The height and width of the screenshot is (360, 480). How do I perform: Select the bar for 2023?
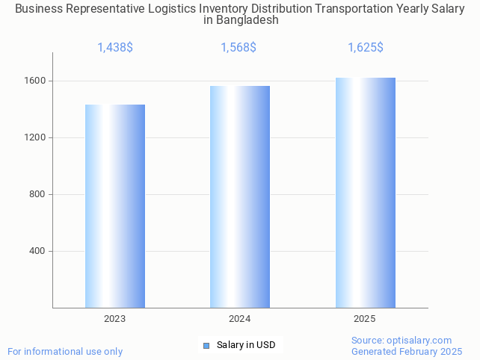(x=115, y=206)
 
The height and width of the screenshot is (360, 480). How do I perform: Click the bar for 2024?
(x=240, y=196)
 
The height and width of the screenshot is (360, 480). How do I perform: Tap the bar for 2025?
(x=365, y=193)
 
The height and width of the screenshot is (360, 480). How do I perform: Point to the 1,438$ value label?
(x=115, y=48)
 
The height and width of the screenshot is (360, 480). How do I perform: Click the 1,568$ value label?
(x=239, y=48)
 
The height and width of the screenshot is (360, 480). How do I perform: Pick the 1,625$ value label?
(x=365, y=48)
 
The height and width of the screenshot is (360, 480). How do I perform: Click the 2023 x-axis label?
(x=115, y=319)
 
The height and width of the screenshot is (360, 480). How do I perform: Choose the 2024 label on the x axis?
(x=240, y=319)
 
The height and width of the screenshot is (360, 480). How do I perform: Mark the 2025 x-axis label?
(x=365, y=319)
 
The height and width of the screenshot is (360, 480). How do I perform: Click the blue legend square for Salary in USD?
(x=206, y=345)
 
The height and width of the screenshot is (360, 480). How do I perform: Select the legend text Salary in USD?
(x=246, y=345)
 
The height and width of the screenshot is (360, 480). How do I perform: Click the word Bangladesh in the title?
(x=247, y=20)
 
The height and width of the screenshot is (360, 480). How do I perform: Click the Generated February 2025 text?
(x=407, y=351)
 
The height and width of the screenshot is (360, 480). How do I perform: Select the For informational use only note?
(x=65, y=351)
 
